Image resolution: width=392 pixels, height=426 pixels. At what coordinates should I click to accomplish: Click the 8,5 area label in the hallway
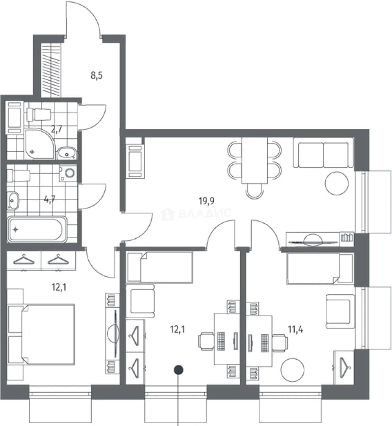pos(97,75)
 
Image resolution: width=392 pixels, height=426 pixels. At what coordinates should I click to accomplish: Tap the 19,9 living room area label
pos(207,201)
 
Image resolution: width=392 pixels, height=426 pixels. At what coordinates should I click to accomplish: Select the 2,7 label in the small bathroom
pos(57,129)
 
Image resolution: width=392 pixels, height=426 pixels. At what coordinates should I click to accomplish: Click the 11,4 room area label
pos(295,330)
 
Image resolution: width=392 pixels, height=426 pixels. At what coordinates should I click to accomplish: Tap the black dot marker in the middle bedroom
pos(178,370)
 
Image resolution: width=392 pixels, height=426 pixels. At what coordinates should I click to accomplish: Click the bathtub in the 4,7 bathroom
pos(37,230)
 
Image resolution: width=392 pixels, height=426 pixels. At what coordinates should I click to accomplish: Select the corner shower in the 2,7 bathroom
pos(40,144)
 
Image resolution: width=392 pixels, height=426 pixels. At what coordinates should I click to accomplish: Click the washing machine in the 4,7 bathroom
pos(69,173)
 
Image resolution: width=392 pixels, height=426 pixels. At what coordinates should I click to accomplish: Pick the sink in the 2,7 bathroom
pos(67,153)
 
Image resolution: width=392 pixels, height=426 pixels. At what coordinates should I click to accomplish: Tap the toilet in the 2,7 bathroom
pos(39,114)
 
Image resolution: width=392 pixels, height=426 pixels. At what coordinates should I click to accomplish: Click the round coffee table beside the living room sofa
pos(336,183)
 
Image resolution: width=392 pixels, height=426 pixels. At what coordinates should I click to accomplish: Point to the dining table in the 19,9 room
pos(254,161)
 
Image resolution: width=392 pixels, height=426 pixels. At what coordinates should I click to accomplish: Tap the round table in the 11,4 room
pos(293,370)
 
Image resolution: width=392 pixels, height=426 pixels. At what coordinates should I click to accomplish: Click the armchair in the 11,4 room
pos(340,311)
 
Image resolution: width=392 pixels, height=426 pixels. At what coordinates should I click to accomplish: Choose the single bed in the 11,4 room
pos(320,269)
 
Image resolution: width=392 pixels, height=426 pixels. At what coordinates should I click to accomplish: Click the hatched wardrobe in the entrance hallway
pos(52,70)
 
